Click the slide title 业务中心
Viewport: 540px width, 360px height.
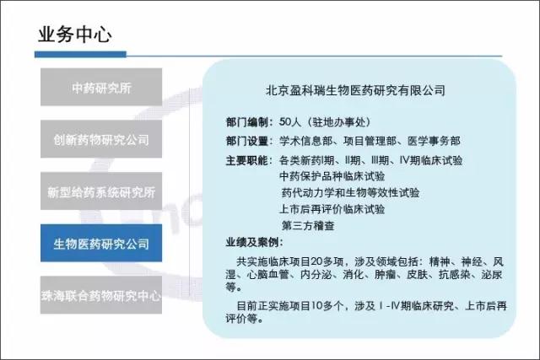[75, 35]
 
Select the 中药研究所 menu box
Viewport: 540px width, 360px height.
[101, 87]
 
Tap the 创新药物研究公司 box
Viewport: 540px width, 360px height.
[101, 139]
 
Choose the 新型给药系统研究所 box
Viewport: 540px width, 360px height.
[101, 191]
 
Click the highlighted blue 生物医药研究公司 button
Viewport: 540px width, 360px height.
[101, 243]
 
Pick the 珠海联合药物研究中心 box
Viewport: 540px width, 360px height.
[101, 295]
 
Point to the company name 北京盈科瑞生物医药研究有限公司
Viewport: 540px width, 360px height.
[355, 90]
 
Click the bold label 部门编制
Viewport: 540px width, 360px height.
[247, 122]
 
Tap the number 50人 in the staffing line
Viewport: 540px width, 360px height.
[290, 122]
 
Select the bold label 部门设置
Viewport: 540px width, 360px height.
[247, 141]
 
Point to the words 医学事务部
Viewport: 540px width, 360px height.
[434, 141]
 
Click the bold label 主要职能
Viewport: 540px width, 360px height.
[247, 160]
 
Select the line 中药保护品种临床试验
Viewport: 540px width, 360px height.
[332, 176]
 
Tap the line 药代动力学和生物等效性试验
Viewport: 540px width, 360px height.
[350, 193]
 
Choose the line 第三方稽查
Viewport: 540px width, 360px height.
[308, 226]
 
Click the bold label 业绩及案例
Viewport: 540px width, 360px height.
[254, 242]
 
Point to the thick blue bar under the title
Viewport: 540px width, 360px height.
[81, 54]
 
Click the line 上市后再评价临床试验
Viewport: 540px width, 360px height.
[332, 209]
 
